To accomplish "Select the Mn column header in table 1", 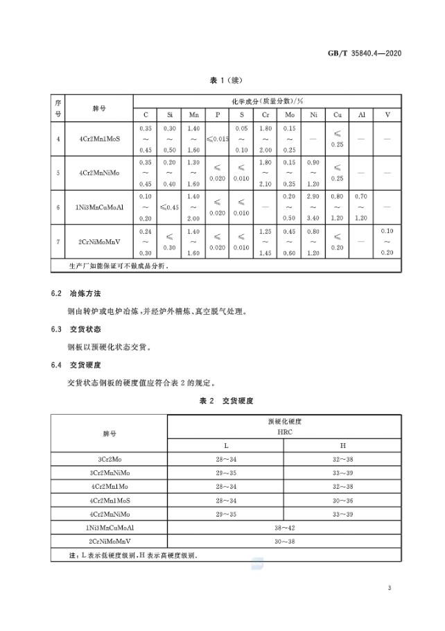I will point(193,114).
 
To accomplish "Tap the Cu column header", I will point(338,114).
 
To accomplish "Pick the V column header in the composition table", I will point(387,114).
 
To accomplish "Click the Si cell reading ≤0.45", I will point(170,207).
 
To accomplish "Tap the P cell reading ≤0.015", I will point(218,139).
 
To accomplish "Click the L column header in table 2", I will point(225,444).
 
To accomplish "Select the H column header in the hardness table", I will point(342,444).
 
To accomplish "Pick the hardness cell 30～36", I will point(342,499).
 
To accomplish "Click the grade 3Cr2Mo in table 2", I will point(110,458).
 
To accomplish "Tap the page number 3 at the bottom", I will point(390,589).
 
